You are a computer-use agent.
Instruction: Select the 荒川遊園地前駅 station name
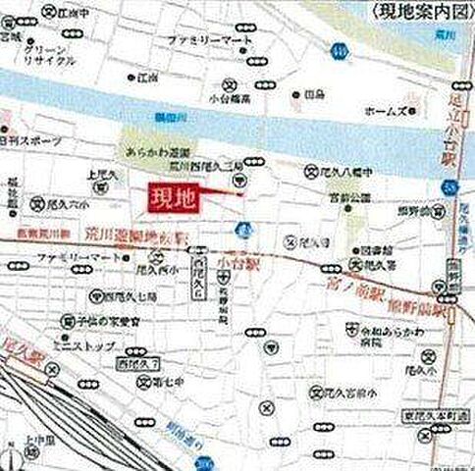140,236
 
